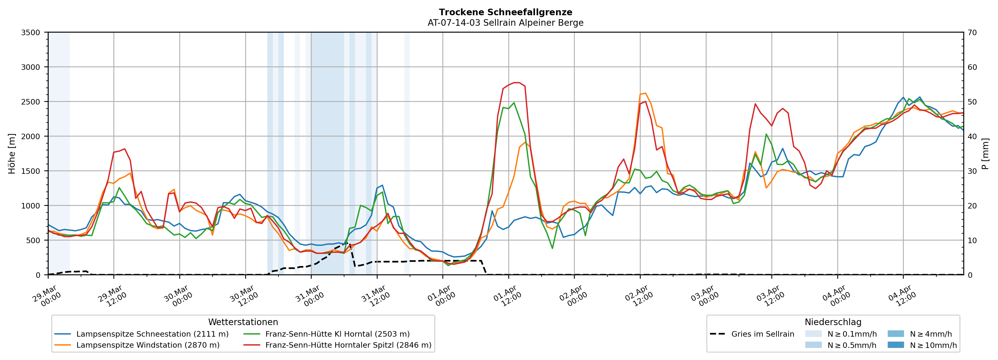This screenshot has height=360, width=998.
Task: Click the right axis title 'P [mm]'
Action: tap(985, 153)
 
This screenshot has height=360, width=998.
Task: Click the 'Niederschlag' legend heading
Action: tap(833, 322)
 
